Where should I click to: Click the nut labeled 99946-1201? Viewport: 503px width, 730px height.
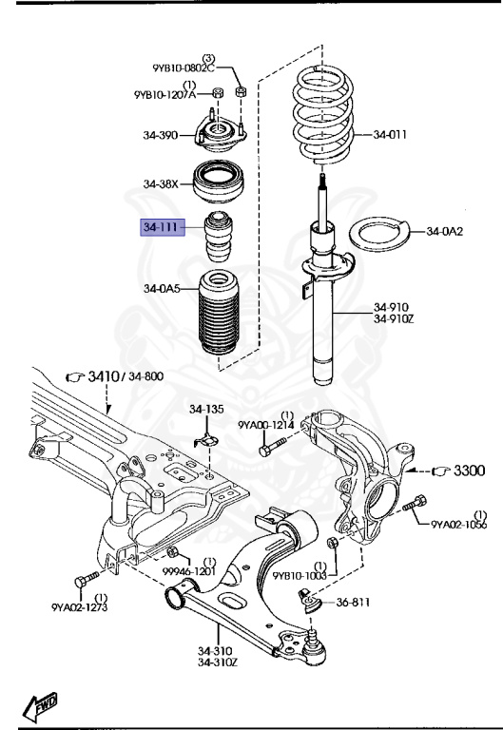172,553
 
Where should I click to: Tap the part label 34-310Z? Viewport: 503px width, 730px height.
221,662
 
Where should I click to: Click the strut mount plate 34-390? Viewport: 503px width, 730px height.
221,134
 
